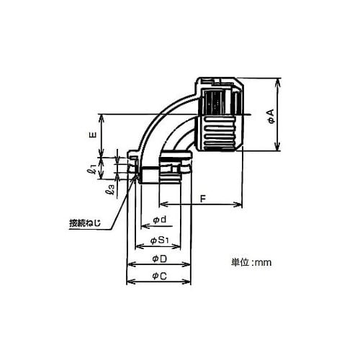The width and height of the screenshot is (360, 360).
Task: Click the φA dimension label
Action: (271, 117)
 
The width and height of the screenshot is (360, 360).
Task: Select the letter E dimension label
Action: (93, 135)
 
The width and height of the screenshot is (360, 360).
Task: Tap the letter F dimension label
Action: (203, 199)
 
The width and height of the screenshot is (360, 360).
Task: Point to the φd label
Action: (160, 220)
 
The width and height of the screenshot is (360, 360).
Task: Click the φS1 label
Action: (160, 240)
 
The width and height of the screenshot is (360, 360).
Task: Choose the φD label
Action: (160, 258)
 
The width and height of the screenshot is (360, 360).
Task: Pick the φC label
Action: (160, 276)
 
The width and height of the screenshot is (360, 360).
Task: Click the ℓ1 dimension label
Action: (91, 169)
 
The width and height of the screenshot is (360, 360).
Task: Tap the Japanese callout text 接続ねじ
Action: (85, 223)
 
